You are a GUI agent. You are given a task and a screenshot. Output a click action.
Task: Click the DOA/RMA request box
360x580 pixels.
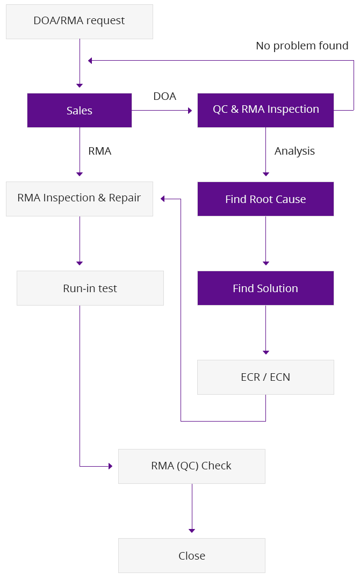[x=79, y=21]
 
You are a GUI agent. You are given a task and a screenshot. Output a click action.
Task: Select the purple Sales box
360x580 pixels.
[x=79, y=110]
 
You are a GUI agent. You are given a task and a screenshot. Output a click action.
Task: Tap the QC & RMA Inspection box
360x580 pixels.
[x=265, y=110]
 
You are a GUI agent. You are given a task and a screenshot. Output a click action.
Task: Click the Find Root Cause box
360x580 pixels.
[x=265, y=199]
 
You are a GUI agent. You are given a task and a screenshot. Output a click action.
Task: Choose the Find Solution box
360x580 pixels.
[x=265, y=288]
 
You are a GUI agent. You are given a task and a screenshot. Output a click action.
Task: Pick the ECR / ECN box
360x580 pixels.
[x=265, y=377]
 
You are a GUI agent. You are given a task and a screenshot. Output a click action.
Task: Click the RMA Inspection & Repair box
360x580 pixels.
[x=79, y=199]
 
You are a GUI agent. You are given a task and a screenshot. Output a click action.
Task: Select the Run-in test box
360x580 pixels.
[x=90, y=288]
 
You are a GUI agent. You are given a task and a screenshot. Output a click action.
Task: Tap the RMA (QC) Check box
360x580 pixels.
[x=191, y=466]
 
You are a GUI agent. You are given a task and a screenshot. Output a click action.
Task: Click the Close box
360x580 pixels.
[x=191, y=555]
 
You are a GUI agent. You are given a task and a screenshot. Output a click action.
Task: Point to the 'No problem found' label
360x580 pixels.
[x=302, y=46]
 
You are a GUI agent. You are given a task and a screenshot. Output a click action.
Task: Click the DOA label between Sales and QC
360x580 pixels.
[x=164, y=96]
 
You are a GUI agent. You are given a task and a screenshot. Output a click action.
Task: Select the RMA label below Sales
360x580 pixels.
[x=99, y=151]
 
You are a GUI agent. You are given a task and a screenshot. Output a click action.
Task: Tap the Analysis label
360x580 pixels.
[x=294, y=151]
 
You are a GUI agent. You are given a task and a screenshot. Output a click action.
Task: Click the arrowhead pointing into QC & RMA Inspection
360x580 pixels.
[x=190, y=111]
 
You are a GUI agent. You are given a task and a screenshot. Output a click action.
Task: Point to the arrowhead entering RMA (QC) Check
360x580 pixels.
[x=111, y=466]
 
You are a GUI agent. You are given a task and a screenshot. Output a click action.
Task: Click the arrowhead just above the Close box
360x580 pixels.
[x=191, y=531]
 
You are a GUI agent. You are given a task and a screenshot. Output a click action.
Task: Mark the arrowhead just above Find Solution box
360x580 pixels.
[x=265, y=263]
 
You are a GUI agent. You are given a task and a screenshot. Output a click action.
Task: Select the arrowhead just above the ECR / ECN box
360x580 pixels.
[x=265, y=352]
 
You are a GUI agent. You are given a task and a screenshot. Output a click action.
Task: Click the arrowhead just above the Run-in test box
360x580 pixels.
[x=80, y=263]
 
